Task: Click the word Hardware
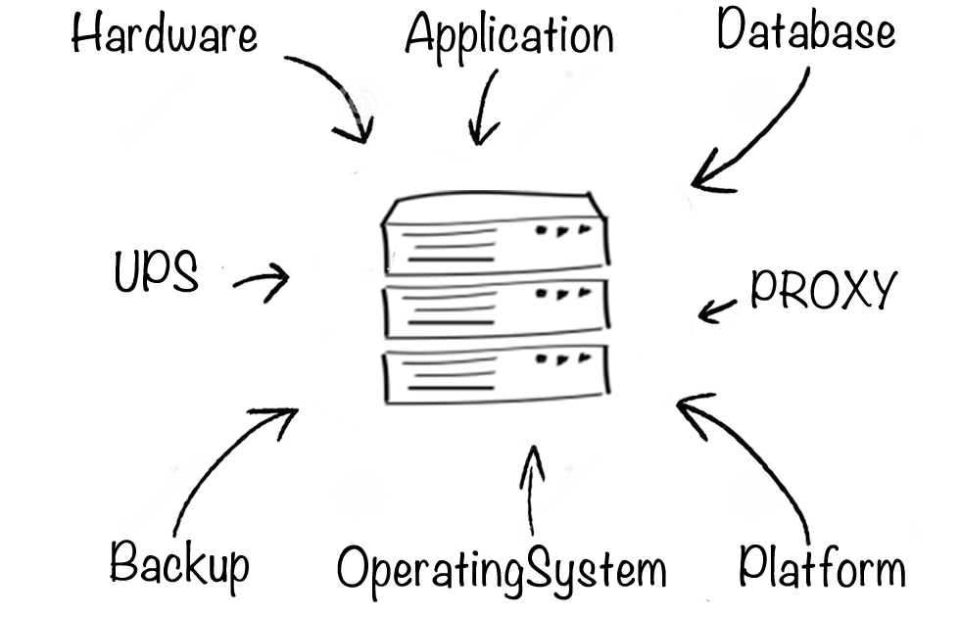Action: coord(165,32)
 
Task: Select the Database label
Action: coord(806,28)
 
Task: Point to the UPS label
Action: coord(156,270)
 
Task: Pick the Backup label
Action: coord(179,563)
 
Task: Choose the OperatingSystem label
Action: coord(502,570)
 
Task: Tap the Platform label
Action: coord(822,566)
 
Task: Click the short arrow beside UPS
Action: coord(264,282)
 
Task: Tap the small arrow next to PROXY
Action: coord(717,310)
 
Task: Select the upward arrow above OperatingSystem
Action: coord(531,490)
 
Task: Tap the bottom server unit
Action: coord(496,373)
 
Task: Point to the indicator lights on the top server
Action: coord(563,231)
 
